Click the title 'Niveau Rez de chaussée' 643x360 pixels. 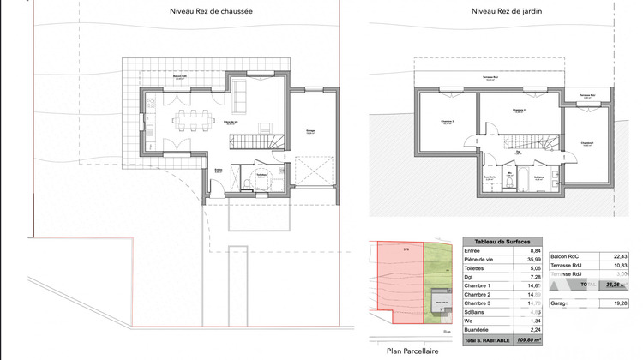coord(199,12)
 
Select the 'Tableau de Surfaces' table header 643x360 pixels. coord(501,242)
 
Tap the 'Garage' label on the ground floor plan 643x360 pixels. coord(309,132)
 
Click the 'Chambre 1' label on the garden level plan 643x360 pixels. coord(586,143)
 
